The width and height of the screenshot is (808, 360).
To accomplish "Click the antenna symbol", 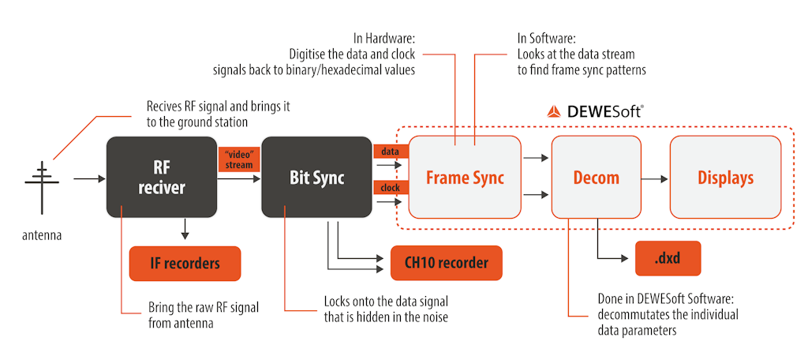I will (41, 181).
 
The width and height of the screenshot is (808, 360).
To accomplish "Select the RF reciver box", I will (161, 178).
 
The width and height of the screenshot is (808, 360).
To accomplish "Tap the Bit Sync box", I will (316, 178).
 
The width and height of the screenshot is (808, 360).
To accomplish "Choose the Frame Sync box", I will (465, 178).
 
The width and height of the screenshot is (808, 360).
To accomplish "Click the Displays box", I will (725, 178).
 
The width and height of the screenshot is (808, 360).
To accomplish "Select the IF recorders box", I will (185, 264).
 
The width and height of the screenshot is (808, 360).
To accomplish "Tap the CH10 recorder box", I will (446, 263).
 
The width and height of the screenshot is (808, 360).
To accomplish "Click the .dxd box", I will (668, 258).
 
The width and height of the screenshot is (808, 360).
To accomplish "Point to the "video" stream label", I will (238, 159).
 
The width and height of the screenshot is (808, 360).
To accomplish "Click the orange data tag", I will (390, 149).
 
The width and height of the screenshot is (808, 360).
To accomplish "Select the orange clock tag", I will (390, 189).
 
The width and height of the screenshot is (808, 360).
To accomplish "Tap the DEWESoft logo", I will (594, 111).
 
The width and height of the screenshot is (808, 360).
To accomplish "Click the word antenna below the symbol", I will (41, 234).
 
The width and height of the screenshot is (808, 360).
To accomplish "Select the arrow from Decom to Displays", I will (653, 178).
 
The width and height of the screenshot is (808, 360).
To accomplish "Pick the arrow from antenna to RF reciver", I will (88, 179).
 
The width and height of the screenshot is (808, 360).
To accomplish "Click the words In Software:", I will (549, 38).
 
